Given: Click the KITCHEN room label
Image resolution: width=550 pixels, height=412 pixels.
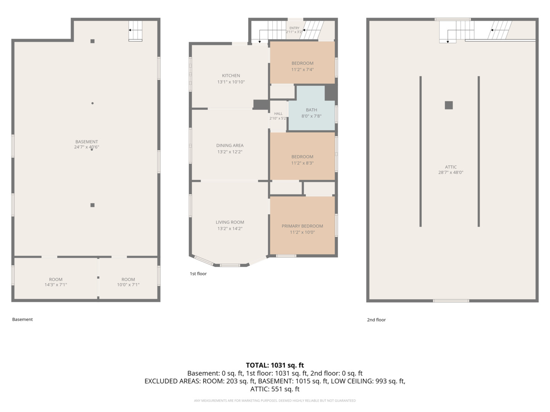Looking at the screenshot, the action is (231, 76).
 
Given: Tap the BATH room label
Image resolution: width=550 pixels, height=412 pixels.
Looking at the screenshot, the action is (311, 110).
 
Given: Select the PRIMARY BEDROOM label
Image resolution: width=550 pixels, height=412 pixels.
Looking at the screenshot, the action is (302, 226).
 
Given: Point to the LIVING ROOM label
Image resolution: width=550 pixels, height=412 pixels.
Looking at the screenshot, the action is (230, 222).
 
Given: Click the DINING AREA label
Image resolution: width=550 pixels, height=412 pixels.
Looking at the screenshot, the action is (230, 145).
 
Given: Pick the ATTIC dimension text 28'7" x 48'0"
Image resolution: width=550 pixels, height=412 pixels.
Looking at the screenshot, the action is (451, 172).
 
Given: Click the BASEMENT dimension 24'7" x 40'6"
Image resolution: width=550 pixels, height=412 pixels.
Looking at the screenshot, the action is (86, 147).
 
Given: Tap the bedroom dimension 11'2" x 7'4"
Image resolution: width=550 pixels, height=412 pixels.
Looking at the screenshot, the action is (302, 69).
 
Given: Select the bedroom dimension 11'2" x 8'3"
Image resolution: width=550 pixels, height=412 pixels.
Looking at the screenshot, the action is (302, 163).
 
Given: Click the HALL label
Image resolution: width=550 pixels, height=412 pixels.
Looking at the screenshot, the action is (278, 114).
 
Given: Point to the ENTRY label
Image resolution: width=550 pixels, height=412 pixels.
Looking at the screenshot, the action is (294, 28).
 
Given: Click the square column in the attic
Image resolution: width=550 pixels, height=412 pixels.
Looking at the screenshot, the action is (448, 105).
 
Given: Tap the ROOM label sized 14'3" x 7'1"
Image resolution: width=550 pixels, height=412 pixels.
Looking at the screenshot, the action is (56, 279).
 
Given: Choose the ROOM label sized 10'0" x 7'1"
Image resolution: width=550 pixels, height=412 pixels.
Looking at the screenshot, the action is (128, 279).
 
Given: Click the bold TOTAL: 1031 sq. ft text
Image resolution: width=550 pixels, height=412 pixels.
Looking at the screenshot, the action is (275, 365).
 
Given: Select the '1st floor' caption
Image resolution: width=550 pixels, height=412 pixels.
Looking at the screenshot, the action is (198, 274).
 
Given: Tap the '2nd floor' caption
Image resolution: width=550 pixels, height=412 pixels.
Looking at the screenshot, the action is (376, 320).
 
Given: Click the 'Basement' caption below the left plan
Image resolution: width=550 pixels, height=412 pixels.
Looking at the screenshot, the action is (22, 319).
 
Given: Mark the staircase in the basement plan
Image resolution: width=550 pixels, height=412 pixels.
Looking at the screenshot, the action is (135, 31).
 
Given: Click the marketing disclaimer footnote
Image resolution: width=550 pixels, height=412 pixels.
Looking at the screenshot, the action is (275, 401).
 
